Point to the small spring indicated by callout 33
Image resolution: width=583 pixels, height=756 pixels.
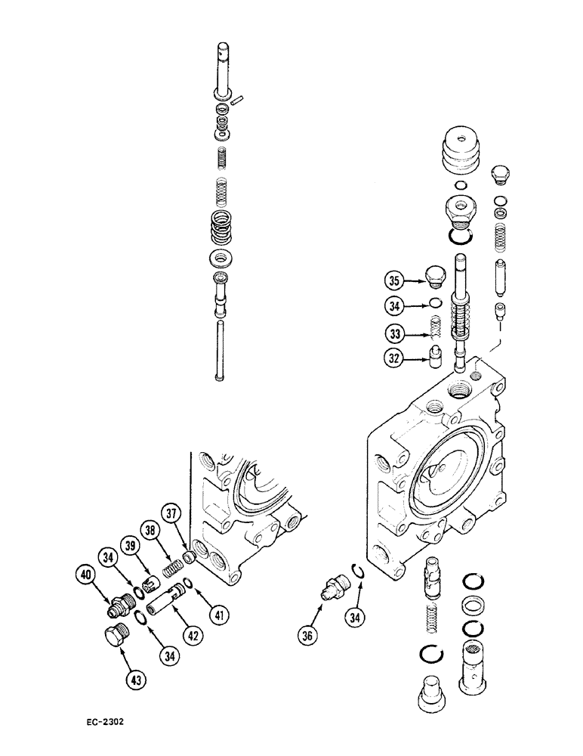(434, 329)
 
